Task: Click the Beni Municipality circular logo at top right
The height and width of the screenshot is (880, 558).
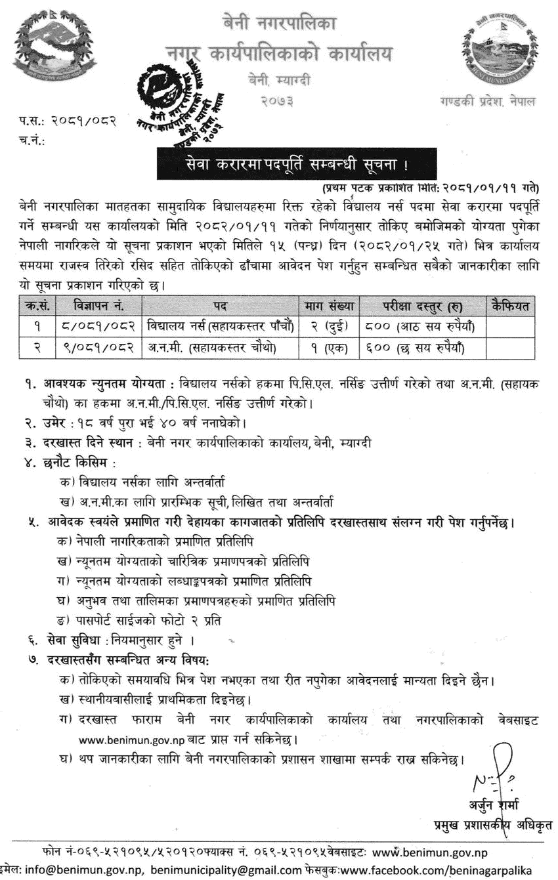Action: point(499,51)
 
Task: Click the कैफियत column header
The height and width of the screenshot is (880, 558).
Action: point(510,306)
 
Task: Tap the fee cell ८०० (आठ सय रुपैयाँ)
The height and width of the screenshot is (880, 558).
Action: point(419,326)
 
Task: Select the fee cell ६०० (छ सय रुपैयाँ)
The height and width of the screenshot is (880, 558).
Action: point(419,347)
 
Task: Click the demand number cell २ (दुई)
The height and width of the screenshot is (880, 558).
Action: point(329,326)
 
